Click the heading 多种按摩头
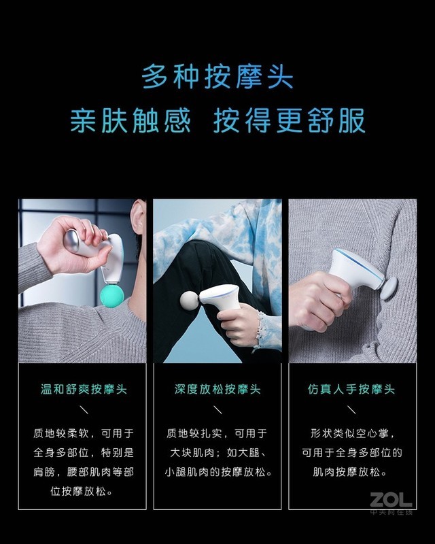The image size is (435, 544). (x=217, y=76)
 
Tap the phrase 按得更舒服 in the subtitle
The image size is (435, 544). (x=290, y=120)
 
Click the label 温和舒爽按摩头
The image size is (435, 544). (x=84, y=390)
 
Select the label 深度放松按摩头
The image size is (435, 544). (x=217, y=390)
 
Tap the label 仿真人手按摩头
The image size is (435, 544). (x=351, y=390)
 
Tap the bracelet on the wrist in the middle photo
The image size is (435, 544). (x=259, y=325)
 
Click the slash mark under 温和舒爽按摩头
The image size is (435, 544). (x=84, y=410)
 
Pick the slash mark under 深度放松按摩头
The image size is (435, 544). (x=217, y=410)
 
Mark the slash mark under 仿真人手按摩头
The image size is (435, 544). (x=351, y=410)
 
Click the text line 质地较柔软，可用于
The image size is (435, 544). (x=84, y=433)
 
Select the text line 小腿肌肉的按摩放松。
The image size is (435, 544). (x=217, y=471)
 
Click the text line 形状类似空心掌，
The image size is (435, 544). (x=351, y=433)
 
